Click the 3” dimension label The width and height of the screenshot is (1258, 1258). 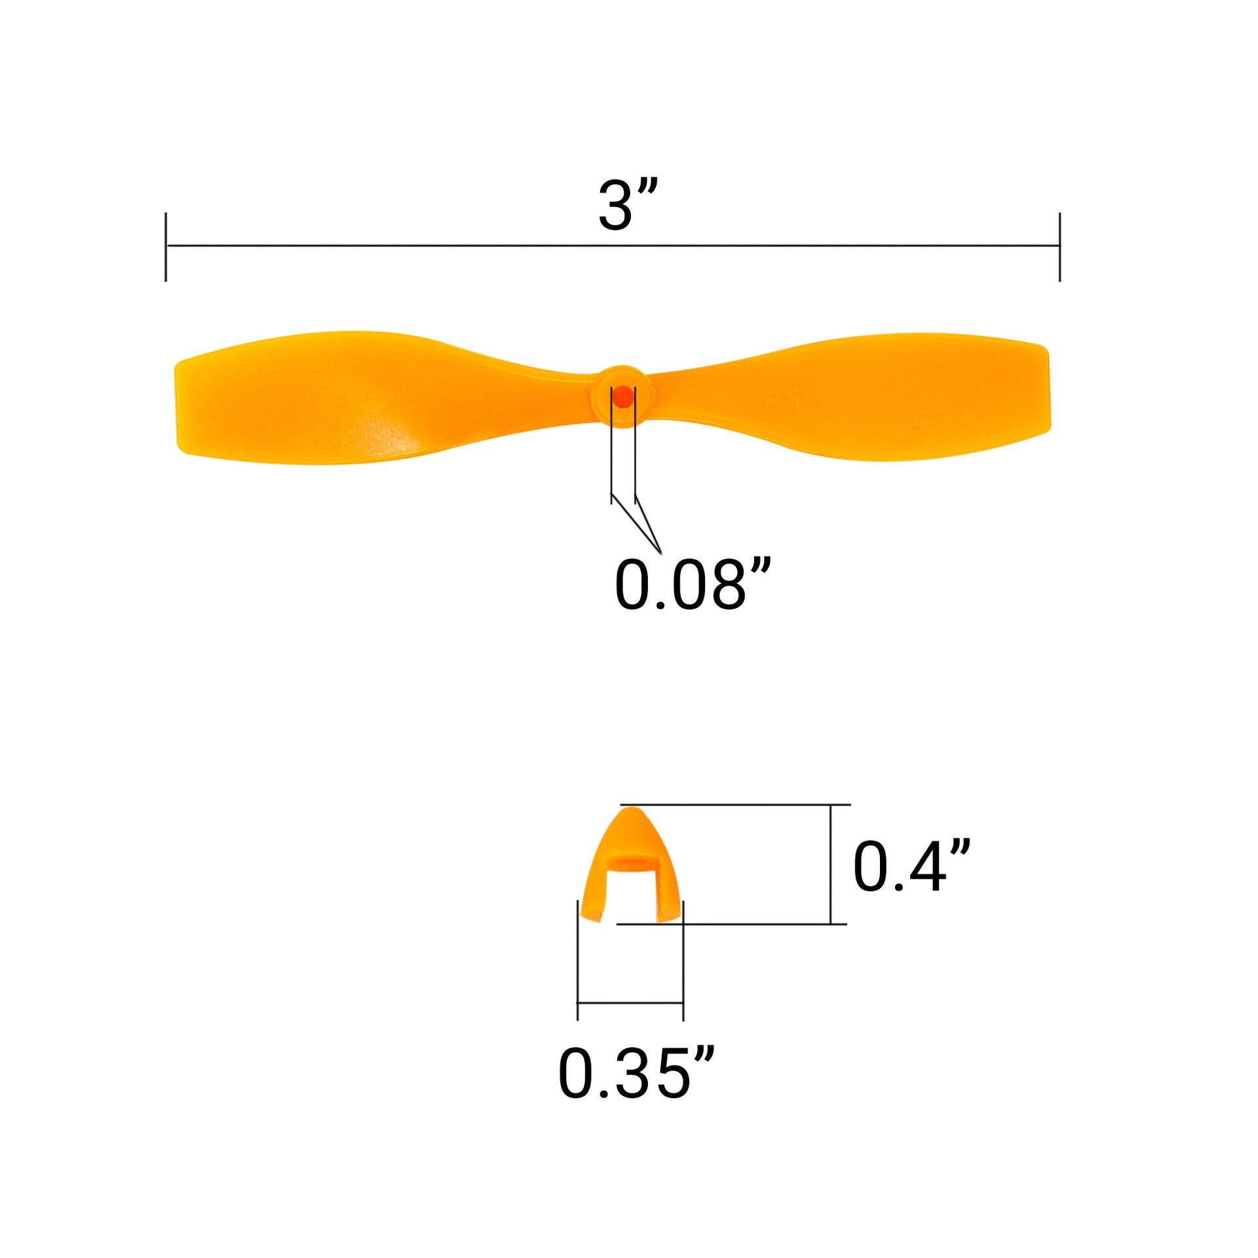(x=627, y=204)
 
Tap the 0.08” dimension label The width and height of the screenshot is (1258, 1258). (x=693, y=584)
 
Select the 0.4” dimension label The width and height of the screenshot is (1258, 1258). (x=911, y=866)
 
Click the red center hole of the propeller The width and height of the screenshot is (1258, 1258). (x=623, y=396)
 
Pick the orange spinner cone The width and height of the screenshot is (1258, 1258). (x=631, y=866)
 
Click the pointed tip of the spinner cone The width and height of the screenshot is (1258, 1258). (x=631, y=809)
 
